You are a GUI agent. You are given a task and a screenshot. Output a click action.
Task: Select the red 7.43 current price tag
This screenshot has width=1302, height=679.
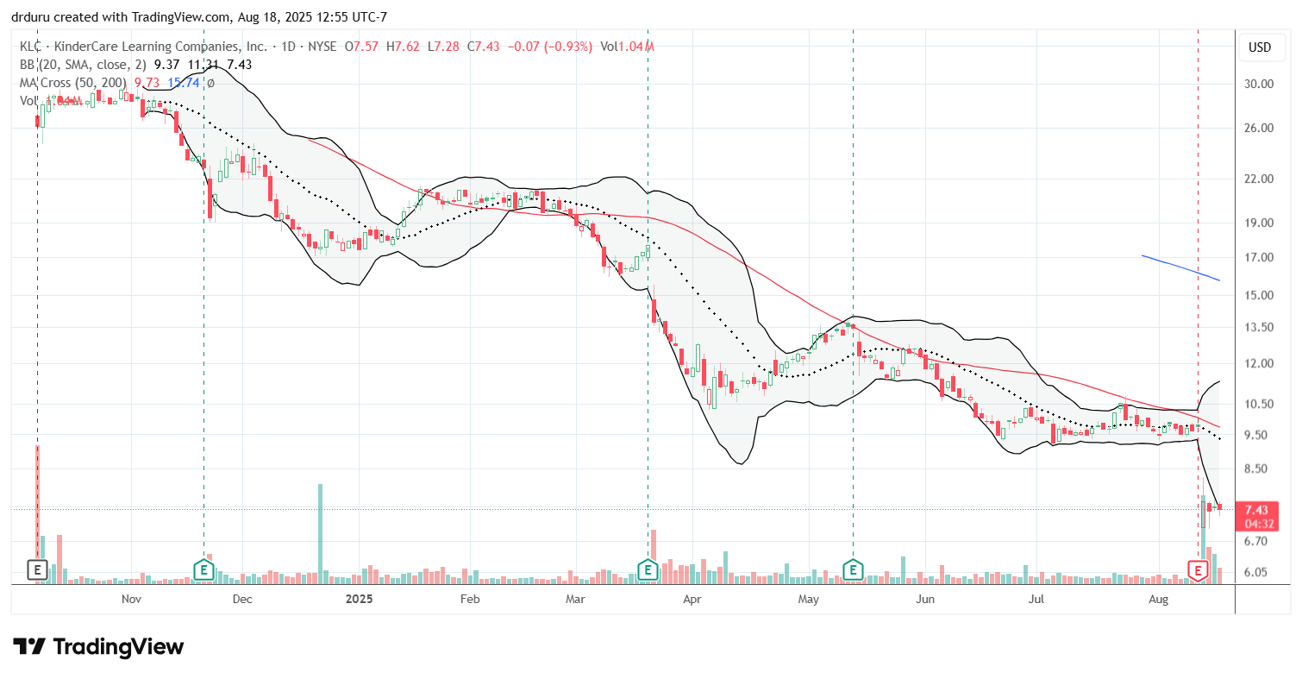pos(1261,510)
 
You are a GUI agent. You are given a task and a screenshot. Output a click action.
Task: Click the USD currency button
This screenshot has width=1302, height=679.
pos(1260,47)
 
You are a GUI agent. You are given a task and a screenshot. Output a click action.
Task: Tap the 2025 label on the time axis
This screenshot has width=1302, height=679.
pos(356,598)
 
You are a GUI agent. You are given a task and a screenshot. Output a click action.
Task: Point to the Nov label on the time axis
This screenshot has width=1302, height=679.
pos(131,598)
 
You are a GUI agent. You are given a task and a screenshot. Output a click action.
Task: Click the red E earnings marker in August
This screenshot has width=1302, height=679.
pos(1198,569)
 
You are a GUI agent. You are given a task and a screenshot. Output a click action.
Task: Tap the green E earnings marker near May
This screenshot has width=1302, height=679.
pos(853,569)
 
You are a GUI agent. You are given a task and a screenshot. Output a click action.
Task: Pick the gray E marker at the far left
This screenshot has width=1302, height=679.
pos(37,569)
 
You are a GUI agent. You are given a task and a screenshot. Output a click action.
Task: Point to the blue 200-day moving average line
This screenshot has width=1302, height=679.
pos(1181,268)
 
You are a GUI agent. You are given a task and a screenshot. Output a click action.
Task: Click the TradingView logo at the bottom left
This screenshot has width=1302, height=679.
pos(98,646)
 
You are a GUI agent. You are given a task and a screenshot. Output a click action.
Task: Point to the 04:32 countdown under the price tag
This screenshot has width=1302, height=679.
pos(1261,523)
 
